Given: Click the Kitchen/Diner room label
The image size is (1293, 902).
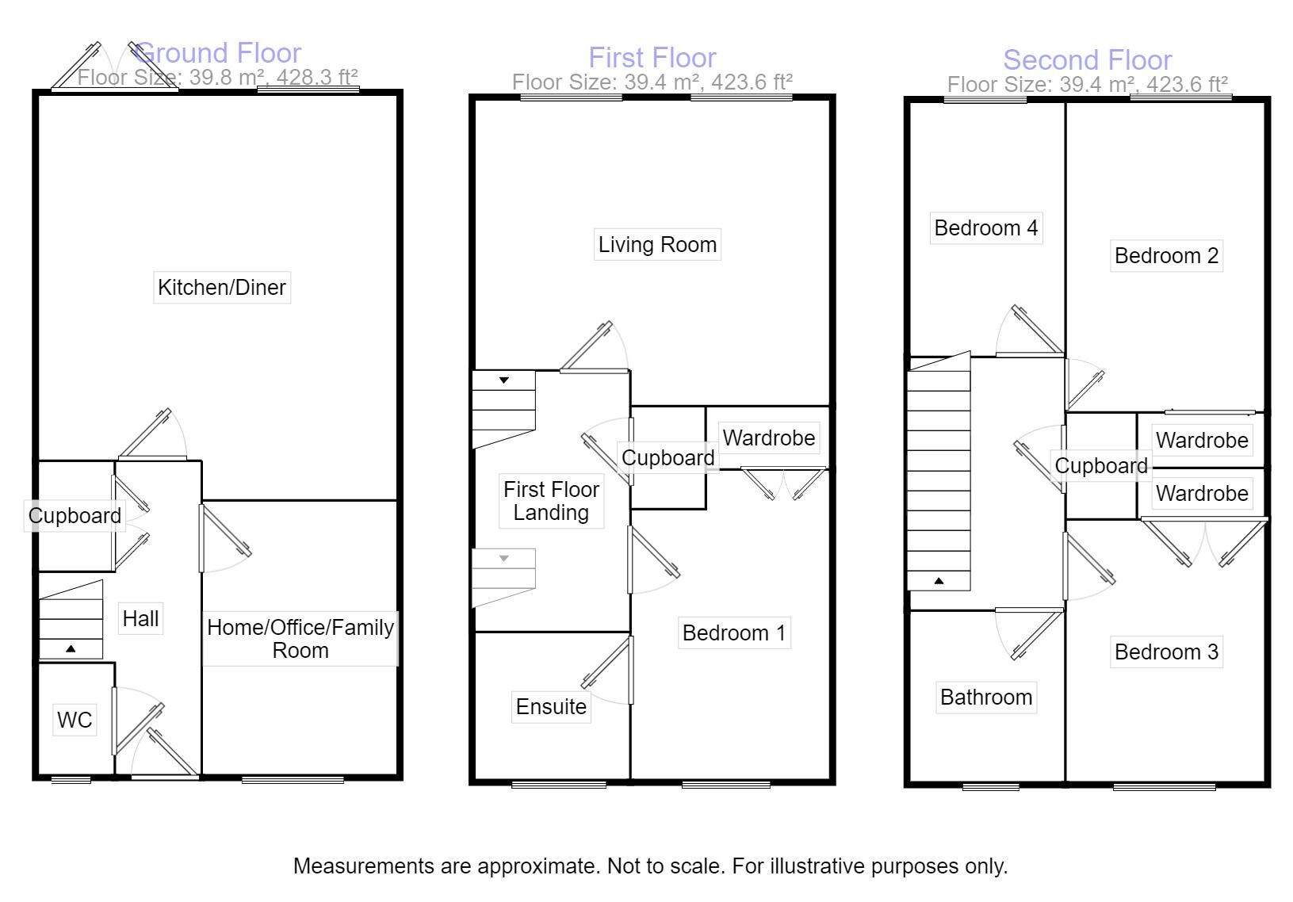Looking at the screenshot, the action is (222, 288).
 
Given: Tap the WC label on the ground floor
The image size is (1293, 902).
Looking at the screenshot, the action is (75, 720).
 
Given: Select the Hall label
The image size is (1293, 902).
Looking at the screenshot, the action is (140, 619).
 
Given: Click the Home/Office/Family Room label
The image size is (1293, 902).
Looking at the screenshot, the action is (300, 639).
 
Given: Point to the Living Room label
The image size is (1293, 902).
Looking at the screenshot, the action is (657, 245).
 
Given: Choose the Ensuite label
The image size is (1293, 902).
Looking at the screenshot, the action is (551, 706).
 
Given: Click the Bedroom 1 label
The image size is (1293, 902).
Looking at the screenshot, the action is (733, 633).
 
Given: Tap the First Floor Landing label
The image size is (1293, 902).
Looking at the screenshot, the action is (551, 501).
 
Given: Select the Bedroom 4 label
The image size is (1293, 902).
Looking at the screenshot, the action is (986, 228).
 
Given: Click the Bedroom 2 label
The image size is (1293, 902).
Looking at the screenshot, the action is (1166, 256).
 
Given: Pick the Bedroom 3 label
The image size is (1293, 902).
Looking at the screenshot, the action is (1166, 652).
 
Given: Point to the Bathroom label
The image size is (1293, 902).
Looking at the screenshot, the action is (986, 698).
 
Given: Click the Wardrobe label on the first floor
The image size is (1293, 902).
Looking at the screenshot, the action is (768, 438).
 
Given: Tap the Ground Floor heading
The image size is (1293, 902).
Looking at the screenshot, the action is (218, 53).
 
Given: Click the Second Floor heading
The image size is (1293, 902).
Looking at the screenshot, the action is (1088, 60).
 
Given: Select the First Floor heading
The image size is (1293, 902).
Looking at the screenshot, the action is (652, 58).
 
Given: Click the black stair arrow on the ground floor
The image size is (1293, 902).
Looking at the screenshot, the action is (71, 648).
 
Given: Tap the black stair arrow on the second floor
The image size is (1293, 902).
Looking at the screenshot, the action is (939, 580).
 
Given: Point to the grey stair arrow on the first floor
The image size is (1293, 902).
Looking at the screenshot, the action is (504, 558).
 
